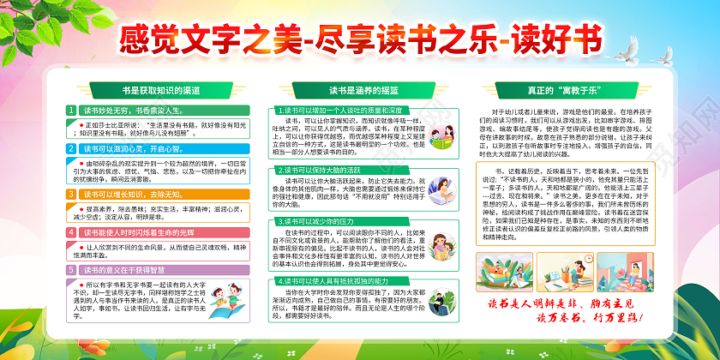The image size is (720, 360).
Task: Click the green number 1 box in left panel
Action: pyautogui.click(x=72, y=111)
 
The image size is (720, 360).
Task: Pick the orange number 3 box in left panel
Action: pyautogui.click(x=72, y=195)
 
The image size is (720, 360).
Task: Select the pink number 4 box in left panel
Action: pyautogui.click(x=72, y=232)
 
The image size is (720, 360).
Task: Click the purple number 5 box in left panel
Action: pyautogui.click(x=72, y=269)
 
